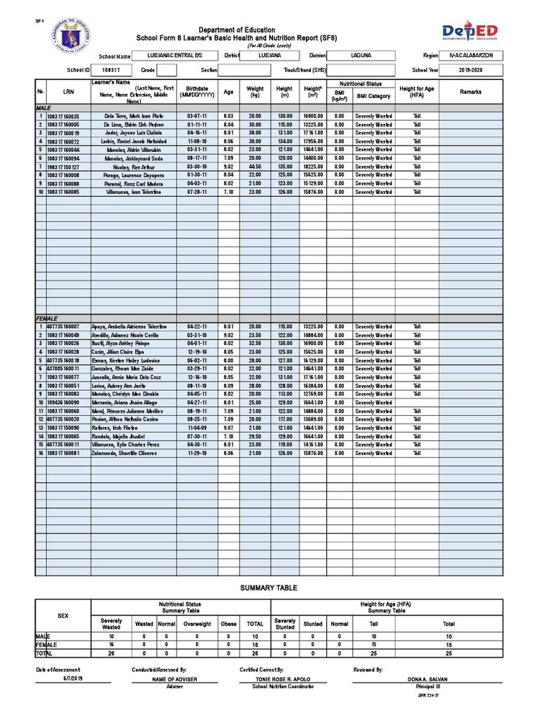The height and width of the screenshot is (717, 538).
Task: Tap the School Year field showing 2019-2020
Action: (x=471, y=70)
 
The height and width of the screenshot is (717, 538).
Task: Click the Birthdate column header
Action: (x=197, y=92)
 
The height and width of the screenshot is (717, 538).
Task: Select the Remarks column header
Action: (x=471, y=92)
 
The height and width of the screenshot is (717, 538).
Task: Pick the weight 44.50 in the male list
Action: (x=254, y=167)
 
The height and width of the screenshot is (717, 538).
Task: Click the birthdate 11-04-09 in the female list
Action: (x=197, y=428)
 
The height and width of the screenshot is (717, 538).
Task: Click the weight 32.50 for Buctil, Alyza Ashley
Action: (x=254, y=344)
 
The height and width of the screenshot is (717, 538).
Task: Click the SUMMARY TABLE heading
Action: (x=269, y=588)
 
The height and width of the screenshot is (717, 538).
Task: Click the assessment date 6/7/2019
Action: (x=72, y=679)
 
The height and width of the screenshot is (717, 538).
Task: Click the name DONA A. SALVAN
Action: (x=427, y=680)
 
